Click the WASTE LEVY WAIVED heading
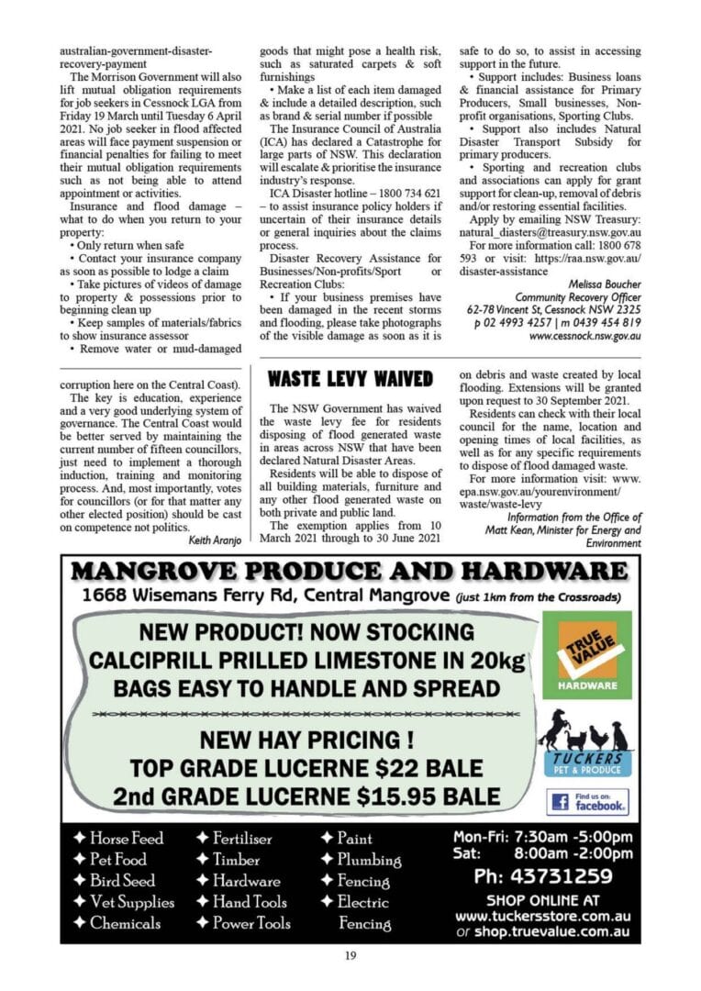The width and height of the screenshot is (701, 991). (x=350, y=379)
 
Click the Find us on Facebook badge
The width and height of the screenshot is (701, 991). (x=588, y=802)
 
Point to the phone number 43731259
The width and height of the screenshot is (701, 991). (x=542, y=876)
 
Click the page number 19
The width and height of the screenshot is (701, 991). (x=350, y=956)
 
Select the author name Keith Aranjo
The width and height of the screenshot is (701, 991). (x=215, y=540)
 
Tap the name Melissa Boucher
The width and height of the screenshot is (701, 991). (x=605, y=284)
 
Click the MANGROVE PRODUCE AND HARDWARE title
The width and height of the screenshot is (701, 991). (x=350, y=572)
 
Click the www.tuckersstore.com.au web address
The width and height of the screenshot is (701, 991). (x=542, y=916)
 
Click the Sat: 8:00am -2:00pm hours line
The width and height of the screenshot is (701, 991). (x=542, y=852)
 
